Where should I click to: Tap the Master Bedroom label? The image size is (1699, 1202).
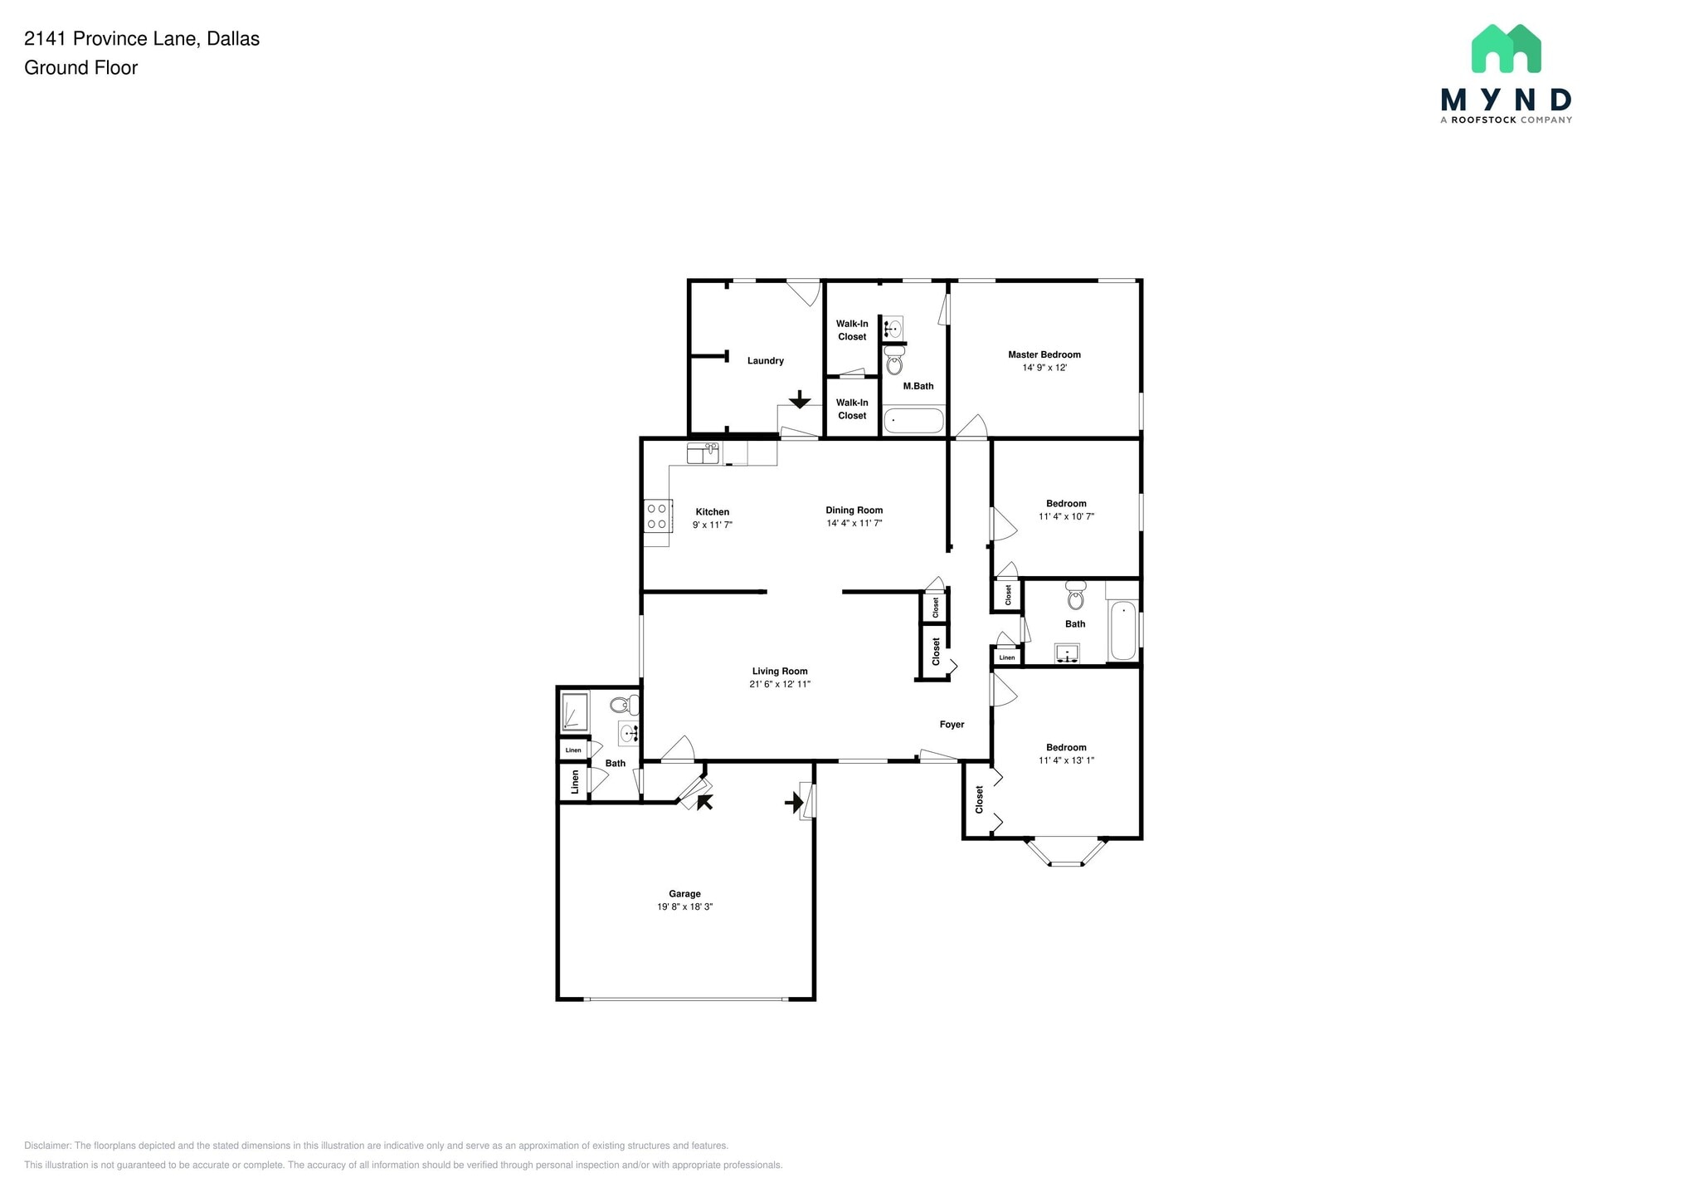point(1044,354)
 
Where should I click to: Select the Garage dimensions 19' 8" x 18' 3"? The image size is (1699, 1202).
point(684,906)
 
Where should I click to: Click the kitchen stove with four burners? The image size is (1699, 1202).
point(657,515)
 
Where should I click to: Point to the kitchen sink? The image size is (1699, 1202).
point(703,453)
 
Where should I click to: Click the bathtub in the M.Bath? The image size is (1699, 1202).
point(913,421)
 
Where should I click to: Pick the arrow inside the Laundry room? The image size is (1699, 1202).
point(799,400)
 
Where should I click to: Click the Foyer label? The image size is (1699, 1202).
point(952,725)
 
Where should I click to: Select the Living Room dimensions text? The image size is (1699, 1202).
point(779,684)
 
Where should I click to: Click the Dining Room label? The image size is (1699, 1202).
point(854,510)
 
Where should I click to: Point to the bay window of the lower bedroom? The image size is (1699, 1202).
point(1067,853)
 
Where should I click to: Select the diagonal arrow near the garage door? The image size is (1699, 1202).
point(704,802)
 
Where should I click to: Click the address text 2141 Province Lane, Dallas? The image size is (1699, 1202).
point(142,39)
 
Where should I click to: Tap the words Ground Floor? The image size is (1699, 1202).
point(80,68)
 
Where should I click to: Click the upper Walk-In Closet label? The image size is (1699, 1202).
point(852,330)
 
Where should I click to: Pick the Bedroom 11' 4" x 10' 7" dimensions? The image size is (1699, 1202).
point(1066,516)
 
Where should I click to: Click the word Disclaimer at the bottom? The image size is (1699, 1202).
point(47,1146)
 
